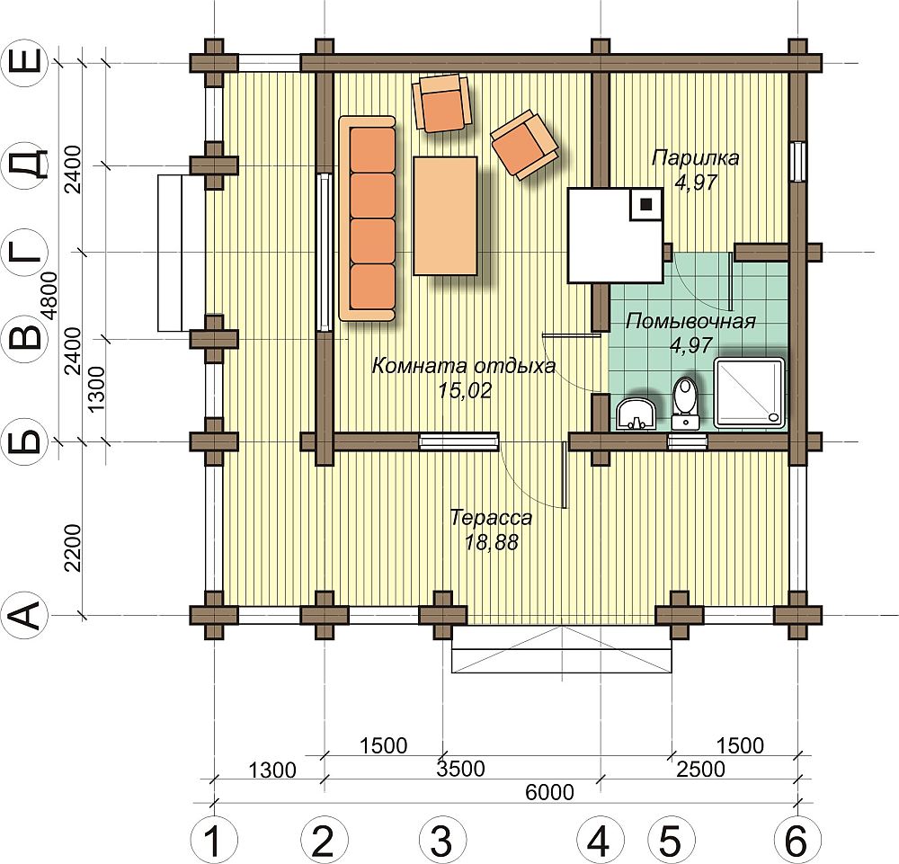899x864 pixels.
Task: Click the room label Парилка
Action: point(695,157)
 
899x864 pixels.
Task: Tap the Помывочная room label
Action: point(690,321)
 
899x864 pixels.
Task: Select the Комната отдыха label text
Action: point(464,365)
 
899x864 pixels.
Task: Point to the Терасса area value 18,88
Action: point(492,542)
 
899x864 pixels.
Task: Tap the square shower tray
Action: point(749,392)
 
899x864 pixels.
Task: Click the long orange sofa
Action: point(368,218)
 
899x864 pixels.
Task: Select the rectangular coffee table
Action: point(445,216)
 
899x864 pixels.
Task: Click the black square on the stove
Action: point(646,204)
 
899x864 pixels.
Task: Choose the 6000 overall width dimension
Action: point(549,792)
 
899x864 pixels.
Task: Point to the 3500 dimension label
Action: point(460,769)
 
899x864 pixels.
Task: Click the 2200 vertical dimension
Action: point(74,548)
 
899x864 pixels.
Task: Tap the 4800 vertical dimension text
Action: point(50,295)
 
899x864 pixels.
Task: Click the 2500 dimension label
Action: point(700,769)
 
